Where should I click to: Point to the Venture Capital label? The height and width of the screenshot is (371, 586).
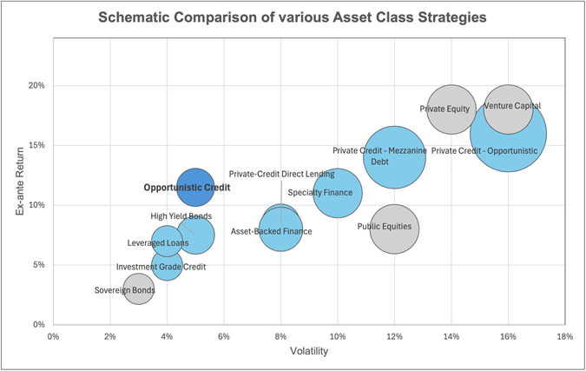[x=512, y=106]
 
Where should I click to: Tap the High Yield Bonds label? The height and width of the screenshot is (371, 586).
[x=181, y=216]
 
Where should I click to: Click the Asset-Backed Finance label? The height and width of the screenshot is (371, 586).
[x=271, y=232]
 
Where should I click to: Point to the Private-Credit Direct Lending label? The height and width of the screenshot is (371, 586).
[x=281, y=174]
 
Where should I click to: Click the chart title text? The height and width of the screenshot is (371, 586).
[x=293, y=17]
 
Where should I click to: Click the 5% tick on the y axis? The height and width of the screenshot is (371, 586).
[x=38, y=265]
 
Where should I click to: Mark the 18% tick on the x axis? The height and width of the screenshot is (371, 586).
[x=564, y=336]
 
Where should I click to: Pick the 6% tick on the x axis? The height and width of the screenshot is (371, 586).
[x=223, y=336]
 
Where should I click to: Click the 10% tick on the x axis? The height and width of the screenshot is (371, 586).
[x=337, y=336]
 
